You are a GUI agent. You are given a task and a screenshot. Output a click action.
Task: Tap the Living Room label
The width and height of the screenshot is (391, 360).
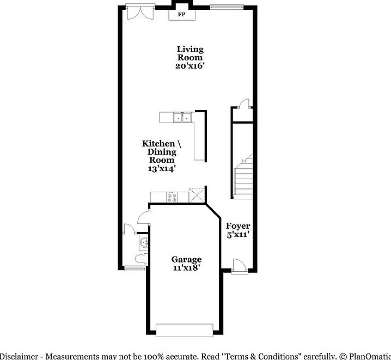click(x=190, y=53)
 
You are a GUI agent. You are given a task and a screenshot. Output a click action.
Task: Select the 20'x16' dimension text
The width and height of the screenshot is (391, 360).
click(x=190, y=65)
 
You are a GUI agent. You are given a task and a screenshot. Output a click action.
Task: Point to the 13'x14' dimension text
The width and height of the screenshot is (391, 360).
click(x=162, y=168)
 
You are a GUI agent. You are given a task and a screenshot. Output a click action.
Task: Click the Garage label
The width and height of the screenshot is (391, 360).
click(x=187, y=259)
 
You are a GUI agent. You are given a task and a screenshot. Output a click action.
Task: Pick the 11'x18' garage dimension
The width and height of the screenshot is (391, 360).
click(x=187, y=268)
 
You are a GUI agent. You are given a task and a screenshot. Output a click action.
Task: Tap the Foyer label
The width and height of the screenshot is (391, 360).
click(x=238, y=226)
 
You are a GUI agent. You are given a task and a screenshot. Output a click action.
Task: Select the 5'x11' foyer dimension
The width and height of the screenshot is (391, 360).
click(x=238, y=235)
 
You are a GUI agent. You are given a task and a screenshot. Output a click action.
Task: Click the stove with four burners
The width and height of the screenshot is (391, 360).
click(x=172, y=197)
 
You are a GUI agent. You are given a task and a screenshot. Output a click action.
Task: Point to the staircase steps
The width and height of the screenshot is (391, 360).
click(x=243, y=177)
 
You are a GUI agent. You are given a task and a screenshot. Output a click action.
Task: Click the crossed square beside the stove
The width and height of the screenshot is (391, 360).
click(x=196, y=195)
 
